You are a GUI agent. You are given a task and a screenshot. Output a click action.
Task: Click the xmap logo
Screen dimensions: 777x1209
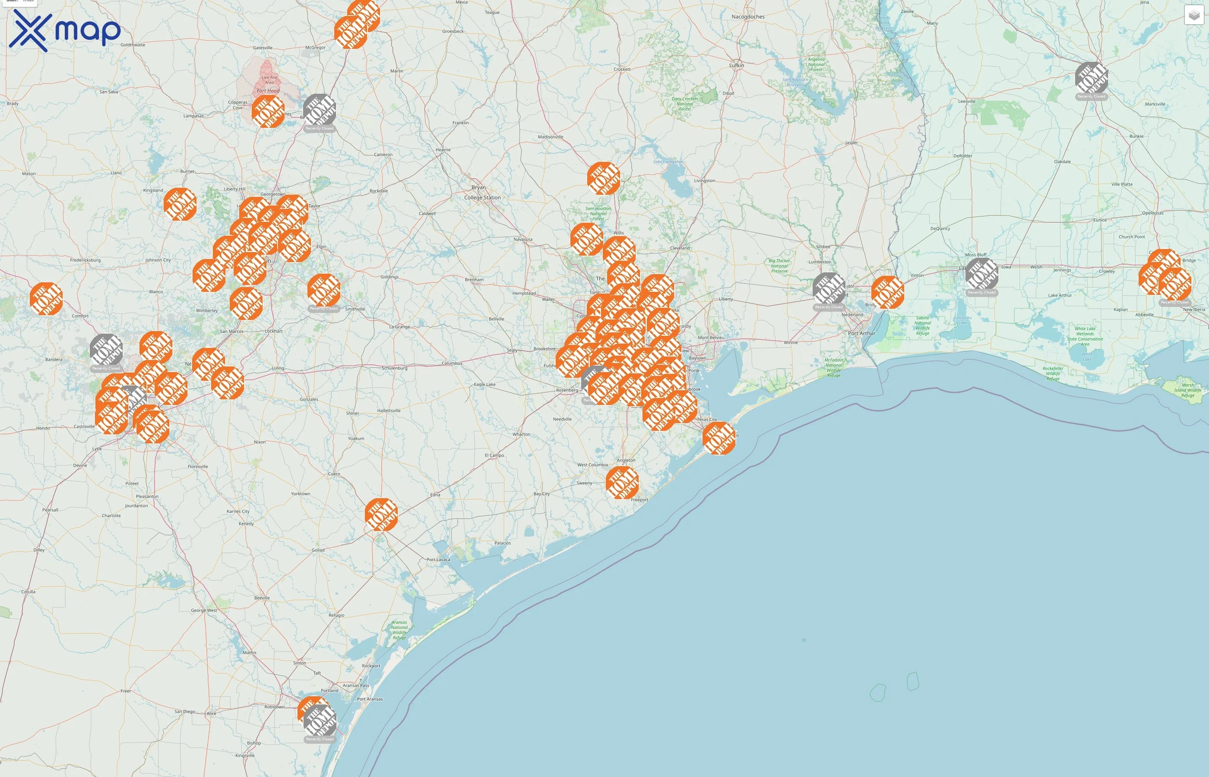click(x=65, y=30)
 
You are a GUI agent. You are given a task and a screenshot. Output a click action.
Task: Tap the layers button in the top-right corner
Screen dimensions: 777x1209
click(x=1193, y=15)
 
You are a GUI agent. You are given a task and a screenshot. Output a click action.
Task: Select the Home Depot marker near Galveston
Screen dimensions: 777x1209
click(x=718, y=438)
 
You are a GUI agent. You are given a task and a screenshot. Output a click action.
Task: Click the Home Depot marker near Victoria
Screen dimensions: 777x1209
click(x=381, y=515)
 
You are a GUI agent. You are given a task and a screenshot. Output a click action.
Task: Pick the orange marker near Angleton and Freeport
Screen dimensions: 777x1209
click(x=622, y=482)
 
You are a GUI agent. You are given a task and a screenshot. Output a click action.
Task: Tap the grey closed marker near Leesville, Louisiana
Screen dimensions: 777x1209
click(x=1092, y=78)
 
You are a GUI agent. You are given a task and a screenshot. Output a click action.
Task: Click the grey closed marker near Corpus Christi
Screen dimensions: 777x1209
click(x=320, y=721)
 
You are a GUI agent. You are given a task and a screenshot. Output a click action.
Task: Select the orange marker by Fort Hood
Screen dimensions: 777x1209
click(x=268, y=111)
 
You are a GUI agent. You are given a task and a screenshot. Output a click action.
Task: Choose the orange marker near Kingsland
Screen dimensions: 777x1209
click(x=180, y=204)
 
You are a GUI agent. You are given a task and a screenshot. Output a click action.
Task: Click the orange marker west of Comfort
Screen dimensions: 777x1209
click(x=46, y=299)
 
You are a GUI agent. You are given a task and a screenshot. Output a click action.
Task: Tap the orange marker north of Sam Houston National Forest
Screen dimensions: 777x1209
click(x=604, y=178)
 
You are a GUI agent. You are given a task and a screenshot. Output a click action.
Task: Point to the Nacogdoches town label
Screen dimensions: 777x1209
click(x=748, y=17)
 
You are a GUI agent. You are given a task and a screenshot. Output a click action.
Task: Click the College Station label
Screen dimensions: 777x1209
click(x=482, y=197)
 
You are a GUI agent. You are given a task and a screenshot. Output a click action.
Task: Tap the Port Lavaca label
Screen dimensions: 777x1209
click(x=438, y=559)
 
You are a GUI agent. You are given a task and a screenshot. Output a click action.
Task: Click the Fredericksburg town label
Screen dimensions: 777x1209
click(x=85, y=260)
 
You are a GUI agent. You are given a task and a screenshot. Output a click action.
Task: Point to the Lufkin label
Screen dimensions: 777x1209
click(x=736, y=65)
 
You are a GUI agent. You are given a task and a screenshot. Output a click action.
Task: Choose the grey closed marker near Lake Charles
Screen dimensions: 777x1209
click(x=981, y=275)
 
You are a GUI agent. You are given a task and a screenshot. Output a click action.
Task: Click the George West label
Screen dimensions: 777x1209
click(x=204, y=610)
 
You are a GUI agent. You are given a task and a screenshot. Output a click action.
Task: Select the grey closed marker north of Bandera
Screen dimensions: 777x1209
click(x=106, y=350)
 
